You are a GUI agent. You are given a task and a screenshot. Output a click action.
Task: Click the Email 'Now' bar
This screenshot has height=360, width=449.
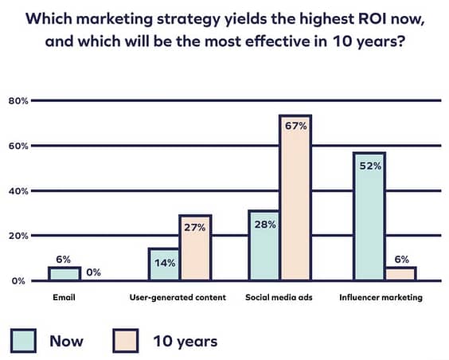point(64,273)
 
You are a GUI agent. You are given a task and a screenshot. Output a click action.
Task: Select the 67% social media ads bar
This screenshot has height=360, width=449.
point(295,198)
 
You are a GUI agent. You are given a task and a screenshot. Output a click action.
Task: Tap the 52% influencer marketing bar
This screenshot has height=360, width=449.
point(369,216)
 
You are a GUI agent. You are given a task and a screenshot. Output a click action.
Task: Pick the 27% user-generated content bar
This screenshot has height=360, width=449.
point(195,248)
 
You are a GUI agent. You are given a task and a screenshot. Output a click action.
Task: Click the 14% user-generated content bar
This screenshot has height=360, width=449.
point(164,264)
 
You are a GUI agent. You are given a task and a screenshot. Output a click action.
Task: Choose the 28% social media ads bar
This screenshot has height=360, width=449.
point(264,245)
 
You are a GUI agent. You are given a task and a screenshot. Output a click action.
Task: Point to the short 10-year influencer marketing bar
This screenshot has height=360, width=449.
point(400,273)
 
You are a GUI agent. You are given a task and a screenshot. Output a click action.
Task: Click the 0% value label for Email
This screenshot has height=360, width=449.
point(94,272)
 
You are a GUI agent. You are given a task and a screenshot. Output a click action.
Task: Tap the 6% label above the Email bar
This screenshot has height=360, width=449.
point(63,260)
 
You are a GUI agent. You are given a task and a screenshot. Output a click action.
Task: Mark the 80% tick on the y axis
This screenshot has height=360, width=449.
point(18,101)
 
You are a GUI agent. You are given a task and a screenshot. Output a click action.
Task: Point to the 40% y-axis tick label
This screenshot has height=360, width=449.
point(18,191)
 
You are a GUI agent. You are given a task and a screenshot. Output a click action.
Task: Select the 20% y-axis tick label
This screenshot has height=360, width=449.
point(18,236)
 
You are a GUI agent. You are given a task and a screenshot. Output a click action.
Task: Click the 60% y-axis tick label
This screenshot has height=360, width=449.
point(18,146)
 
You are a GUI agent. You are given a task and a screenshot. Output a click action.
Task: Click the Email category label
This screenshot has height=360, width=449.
point(64,297)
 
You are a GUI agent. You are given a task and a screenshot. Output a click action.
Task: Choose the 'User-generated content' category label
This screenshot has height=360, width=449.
point(178,298)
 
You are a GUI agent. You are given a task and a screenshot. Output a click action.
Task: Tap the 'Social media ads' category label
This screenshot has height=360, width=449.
point(279,297)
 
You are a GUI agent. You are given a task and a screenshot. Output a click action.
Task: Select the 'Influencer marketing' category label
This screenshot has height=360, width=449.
point(381,298)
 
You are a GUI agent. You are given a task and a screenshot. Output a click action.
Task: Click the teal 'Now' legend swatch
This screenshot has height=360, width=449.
point(23,341)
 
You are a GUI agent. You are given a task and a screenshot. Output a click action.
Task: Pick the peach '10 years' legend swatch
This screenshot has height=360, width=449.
point(126,341)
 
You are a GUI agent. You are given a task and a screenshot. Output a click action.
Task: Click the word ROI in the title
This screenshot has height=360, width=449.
point(372,19)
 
